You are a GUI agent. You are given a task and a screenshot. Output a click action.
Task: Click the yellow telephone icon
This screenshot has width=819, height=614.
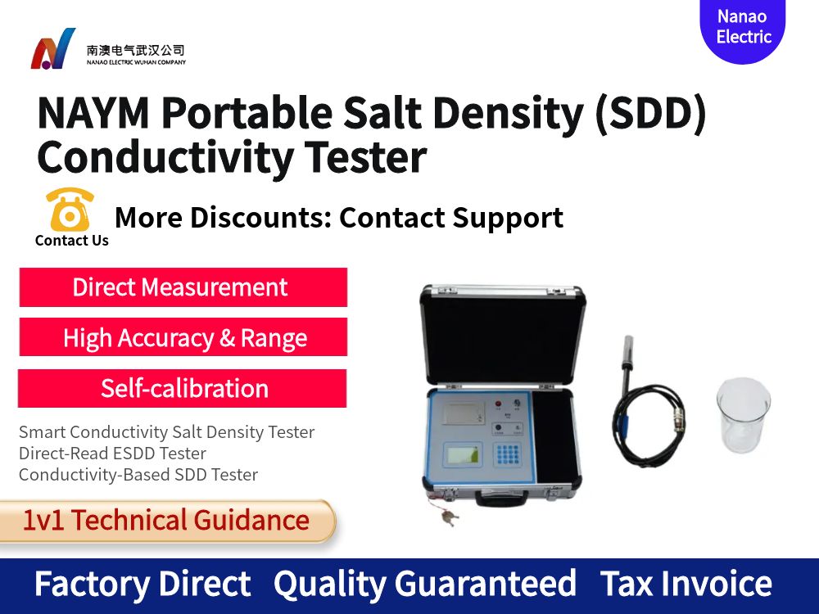point(70,210)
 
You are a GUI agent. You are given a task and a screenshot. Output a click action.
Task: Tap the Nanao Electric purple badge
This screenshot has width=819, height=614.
point(743,28)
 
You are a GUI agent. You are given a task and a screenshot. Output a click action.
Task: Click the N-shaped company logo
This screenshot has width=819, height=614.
point(53,49)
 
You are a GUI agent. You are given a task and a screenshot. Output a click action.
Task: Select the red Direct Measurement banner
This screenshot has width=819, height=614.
point(183,287)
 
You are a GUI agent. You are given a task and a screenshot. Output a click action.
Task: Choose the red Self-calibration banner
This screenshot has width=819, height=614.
point(183,388)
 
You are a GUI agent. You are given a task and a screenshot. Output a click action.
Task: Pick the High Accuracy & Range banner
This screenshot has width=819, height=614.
point(183,337)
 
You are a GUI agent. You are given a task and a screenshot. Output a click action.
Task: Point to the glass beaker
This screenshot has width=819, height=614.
point(743,415)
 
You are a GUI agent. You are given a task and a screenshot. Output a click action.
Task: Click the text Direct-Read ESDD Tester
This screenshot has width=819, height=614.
point(112,454)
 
